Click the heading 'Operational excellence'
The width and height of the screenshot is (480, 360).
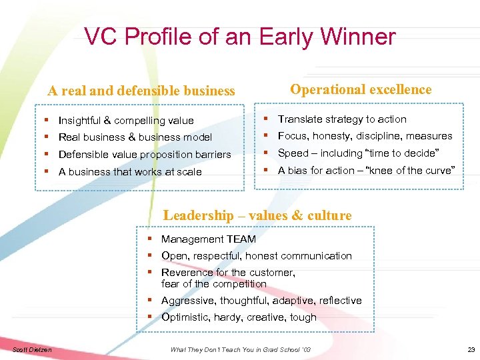point(361,90)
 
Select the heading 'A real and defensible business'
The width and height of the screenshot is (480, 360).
point(141,91)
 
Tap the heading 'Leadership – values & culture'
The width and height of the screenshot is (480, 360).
point(257,215)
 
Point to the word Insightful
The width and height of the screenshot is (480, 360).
point(83,121)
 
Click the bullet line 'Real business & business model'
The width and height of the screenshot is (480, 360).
point(135,137)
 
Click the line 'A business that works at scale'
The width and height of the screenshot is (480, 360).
point(130,172)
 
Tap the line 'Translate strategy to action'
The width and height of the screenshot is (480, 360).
point(342,119)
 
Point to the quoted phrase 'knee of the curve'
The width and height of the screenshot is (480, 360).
point(411,171)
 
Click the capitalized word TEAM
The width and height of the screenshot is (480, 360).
point(241,239)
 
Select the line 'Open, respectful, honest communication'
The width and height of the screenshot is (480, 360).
point(257,256)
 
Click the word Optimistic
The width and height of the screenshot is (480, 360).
point(185,317)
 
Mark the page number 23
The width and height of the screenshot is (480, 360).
point(471,350)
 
